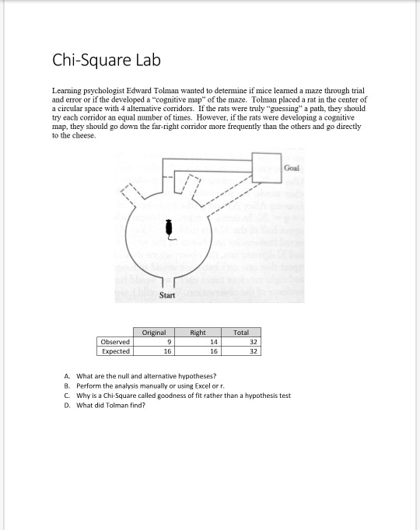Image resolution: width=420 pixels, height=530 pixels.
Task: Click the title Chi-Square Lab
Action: click(x=106, y=60)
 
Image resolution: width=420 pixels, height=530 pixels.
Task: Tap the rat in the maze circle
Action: click(x=169, y=228)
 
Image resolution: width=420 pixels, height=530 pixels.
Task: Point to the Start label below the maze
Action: click(x=166, y=295)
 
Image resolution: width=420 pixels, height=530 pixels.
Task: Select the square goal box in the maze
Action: click(x=266, y=166)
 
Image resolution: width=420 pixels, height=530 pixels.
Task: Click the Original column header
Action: click(x=154, y=333)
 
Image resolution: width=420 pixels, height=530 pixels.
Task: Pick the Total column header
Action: click(x=241, y=333)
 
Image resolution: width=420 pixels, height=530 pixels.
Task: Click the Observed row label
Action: click(x=114, y=341)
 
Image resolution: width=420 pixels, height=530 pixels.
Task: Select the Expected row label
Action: click(x=114, y=350)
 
